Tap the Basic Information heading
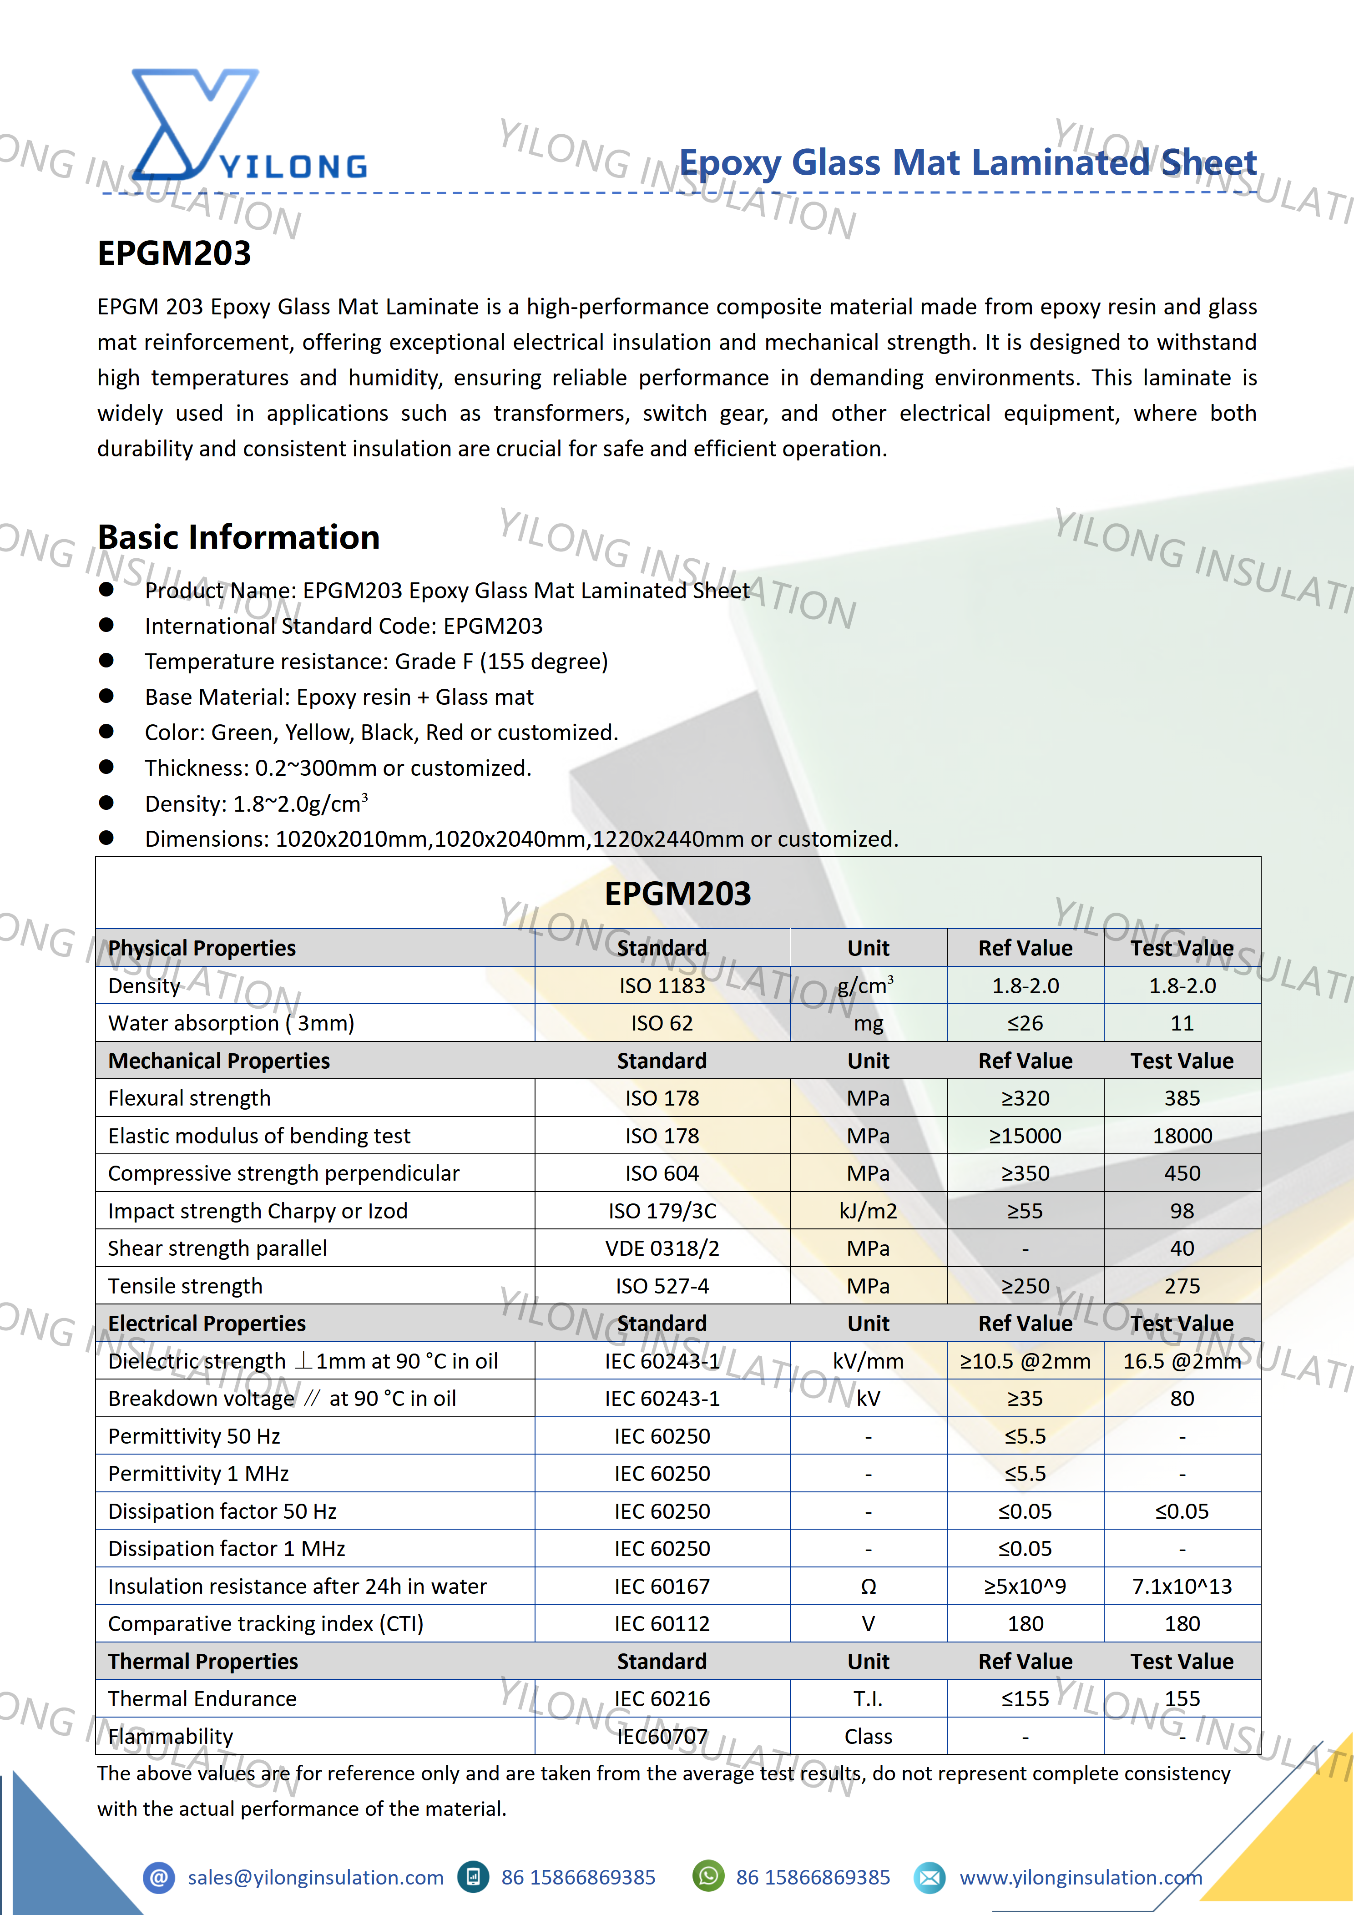point(238,537)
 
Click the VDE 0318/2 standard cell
point(662,1248)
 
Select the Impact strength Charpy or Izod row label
point(258,1211)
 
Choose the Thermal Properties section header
point(203,1662)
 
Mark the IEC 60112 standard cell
point(662,1624)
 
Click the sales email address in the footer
point(315,1878)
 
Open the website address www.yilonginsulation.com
point(1081,1878)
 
